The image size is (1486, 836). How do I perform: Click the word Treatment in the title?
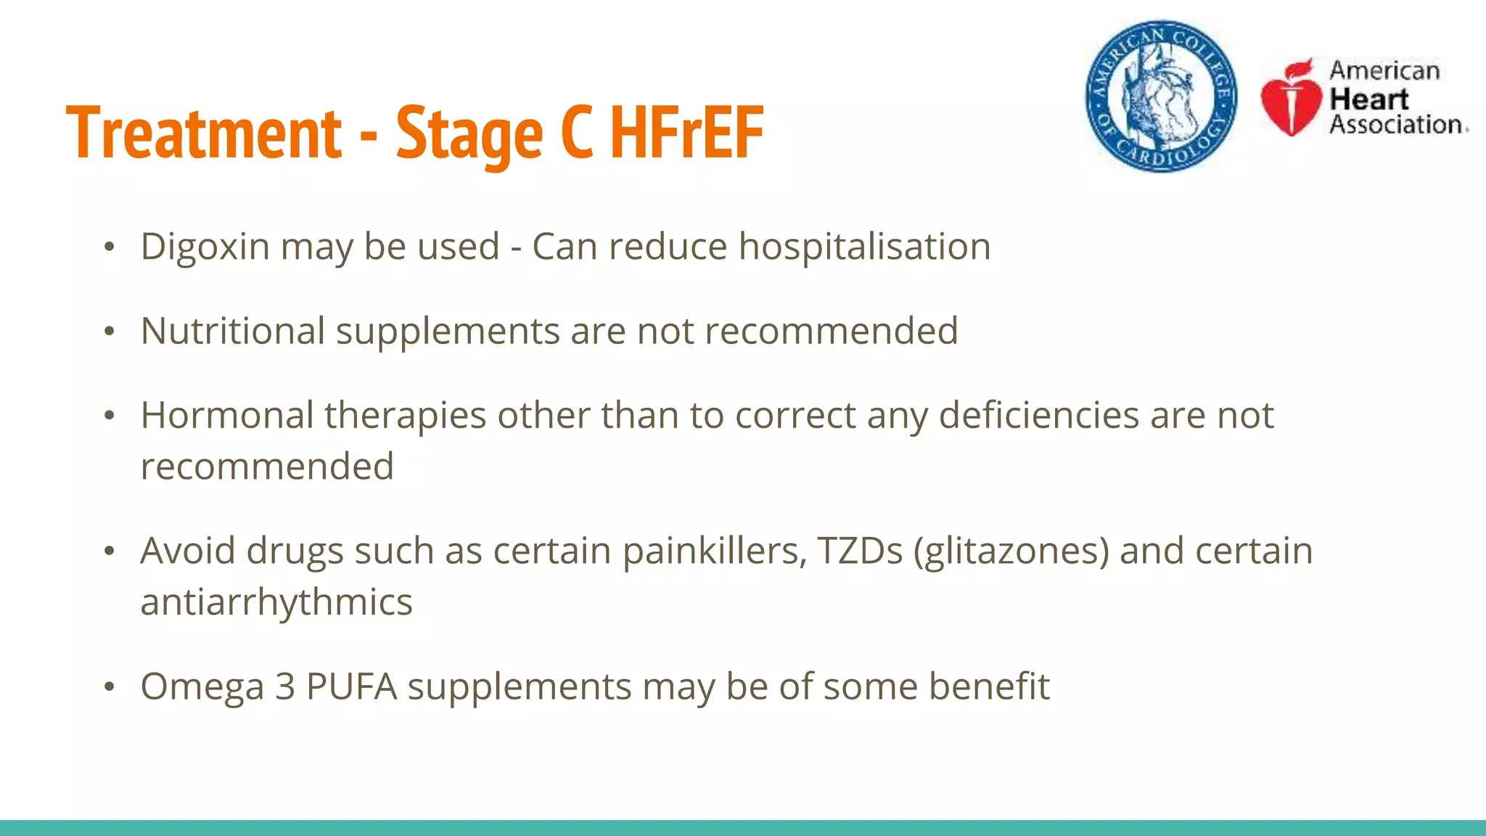pyautogui.click(x=204, y=133)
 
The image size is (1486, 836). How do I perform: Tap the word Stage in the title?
pyautogui.click(x=469, y=134)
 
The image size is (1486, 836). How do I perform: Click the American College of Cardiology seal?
pyautogui.click(x=1161, y=96)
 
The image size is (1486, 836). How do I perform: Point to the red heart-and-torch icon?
pyautogui.click(x=1292, y=98)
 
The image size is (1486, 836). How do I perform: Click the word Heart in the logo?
pyautogui.click(x=1369, y=98)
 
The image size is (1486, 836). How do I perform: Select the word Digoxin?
pyautogui.click(x=205, y=247)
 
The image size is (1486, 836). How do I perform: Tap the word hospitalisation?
pyautogui.click(x=864, y=247)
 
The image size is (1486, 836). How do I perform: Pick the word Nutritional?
pyautogui.click(x=232, y=332)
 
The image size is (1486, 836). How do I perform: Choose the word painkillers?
pyautogui.click(x=714, y=551)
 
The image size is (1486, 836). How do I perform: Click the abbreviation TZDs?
pyautogui.click(x=860, y=551)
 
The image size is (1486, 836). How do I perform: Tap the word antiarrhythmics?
pyautogui.click(x=276, y=602)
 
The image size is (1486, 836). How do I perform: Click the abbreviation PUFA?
pyautogui.click(x=351, y=687)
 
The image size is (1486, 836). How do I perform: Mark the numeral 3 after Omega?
pyautogui.click(x=284, y=687)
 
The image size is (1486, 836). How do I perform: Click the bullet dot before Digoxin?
pyautogui.click(x=109, y=247)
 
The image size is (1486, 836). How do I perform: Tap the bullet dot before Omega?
pyautogui.click(x=109, y=687)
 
